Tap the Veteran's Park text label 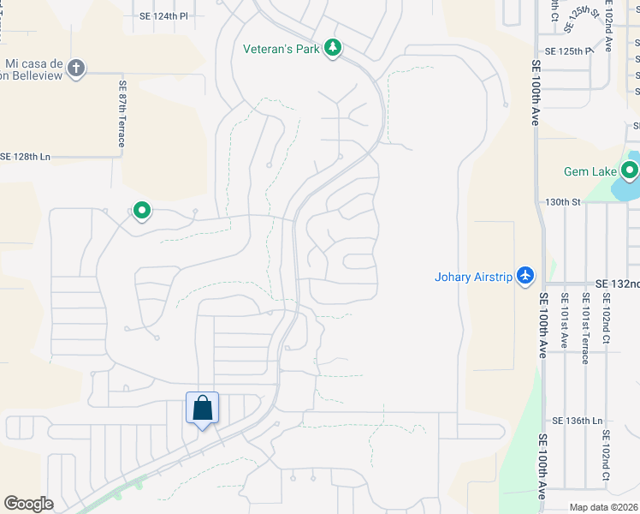pyautogui.click(x=281, y=49)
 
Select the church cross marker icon pyautogui.click(x=76, y=68)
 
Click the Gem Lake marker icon pyautogui.click(x=630, y=171)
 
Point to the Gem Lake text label pyautogui.click(x=590, y=171)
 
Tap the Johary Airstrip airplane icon pyautogui.click(x=524, y=277)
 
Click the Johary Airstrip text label pyautogui.click(x=473, y=277)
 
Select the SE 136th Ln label pyautogui.click(x=578, y=421)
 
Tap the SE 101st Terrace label pyautogui.click(x=585, y=328)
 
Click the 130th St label pyautogui.click(x=563, y=202)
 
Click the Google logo pyautogui.click(x=28, y=504)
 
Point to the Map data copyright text pyautogui.click(x=604, y=507)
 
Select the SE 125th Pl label pyautogui.click(x=568, y=51)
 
